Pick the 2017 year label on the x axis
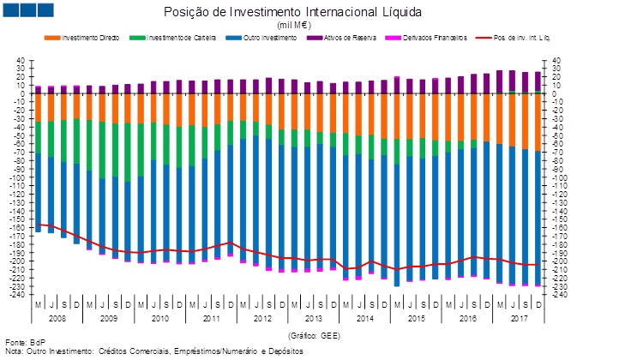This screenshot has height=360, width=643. pyautogui.click(x=518, y=317)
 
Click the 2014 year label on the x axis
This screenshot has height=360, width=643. pyautogui.click(x=364, y=317)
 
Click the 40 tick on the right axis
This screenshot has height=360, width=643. pyautogui.click(x=556, y=62)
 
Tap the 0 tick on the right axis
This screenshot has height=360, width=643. pyautogui.click(x=553, y=94)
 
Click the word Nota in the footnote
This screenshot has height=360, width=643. pyautogui.click(x=14, y=351)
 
